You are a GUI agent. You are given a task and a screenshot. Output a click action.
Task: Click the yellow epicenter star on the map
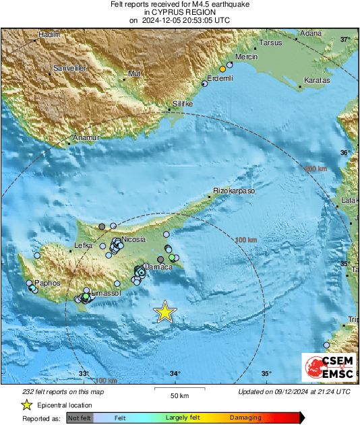click(x=164, y=312)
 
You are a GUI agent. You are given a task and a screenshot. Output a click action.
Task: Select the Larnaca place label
click(x=159, y=267)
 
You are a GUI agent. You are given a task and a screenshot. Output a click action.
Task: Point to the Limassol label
click(x=105, y=294)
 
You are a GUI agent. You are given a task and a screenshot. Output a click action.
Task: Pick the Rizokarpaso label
click(x=235, y=191)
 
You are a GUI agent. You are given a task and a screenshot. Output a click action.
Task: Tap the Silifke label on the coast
click(x=183, y=104)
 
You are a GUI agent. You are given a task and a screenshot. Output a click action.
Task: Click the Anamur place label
click(x=86, y=138)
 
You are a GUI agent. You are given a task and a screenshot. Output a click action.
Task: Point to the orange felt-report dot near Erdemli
click(x=222, y=69)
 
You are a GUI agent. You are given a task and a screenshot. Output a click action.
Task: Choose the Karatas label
click(x=317, y=80)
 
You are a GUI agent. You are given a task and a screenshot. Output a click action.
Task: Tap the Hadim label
click(x=50, y=34)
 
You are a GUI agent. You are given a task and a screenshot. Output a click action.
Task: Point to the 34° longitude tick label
click(x=175, y=374)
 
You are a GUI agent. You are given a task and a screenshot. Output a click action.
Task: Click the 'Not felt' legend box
click(x=80, y=418)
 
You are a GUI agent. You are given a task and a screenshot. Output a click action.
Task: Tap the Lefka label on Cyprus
click(x=83, y=247)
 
